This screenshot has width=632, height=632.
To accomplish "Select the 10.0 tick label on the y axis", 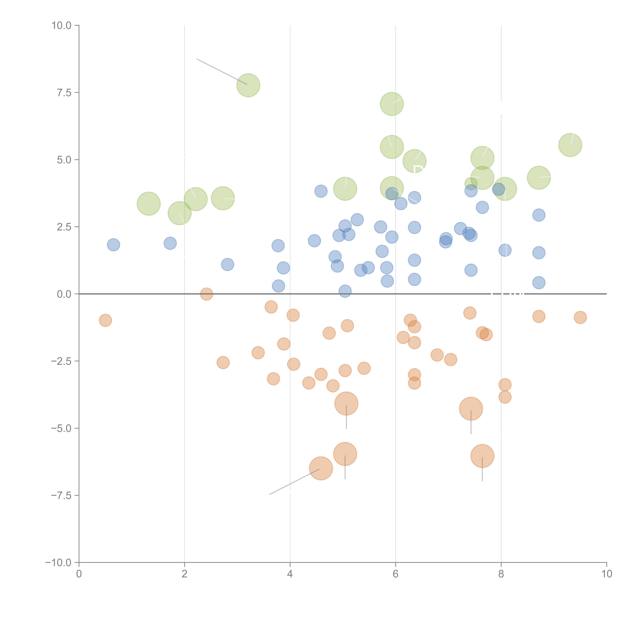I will point(62,26).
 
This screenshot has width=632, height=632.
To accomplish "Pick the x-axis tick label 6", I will point(396,574).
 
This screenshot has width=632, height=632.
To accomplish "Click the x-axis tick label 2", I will point(185,574).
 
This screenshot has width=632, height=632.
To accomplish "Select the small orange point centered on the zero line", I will point(206,294).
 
